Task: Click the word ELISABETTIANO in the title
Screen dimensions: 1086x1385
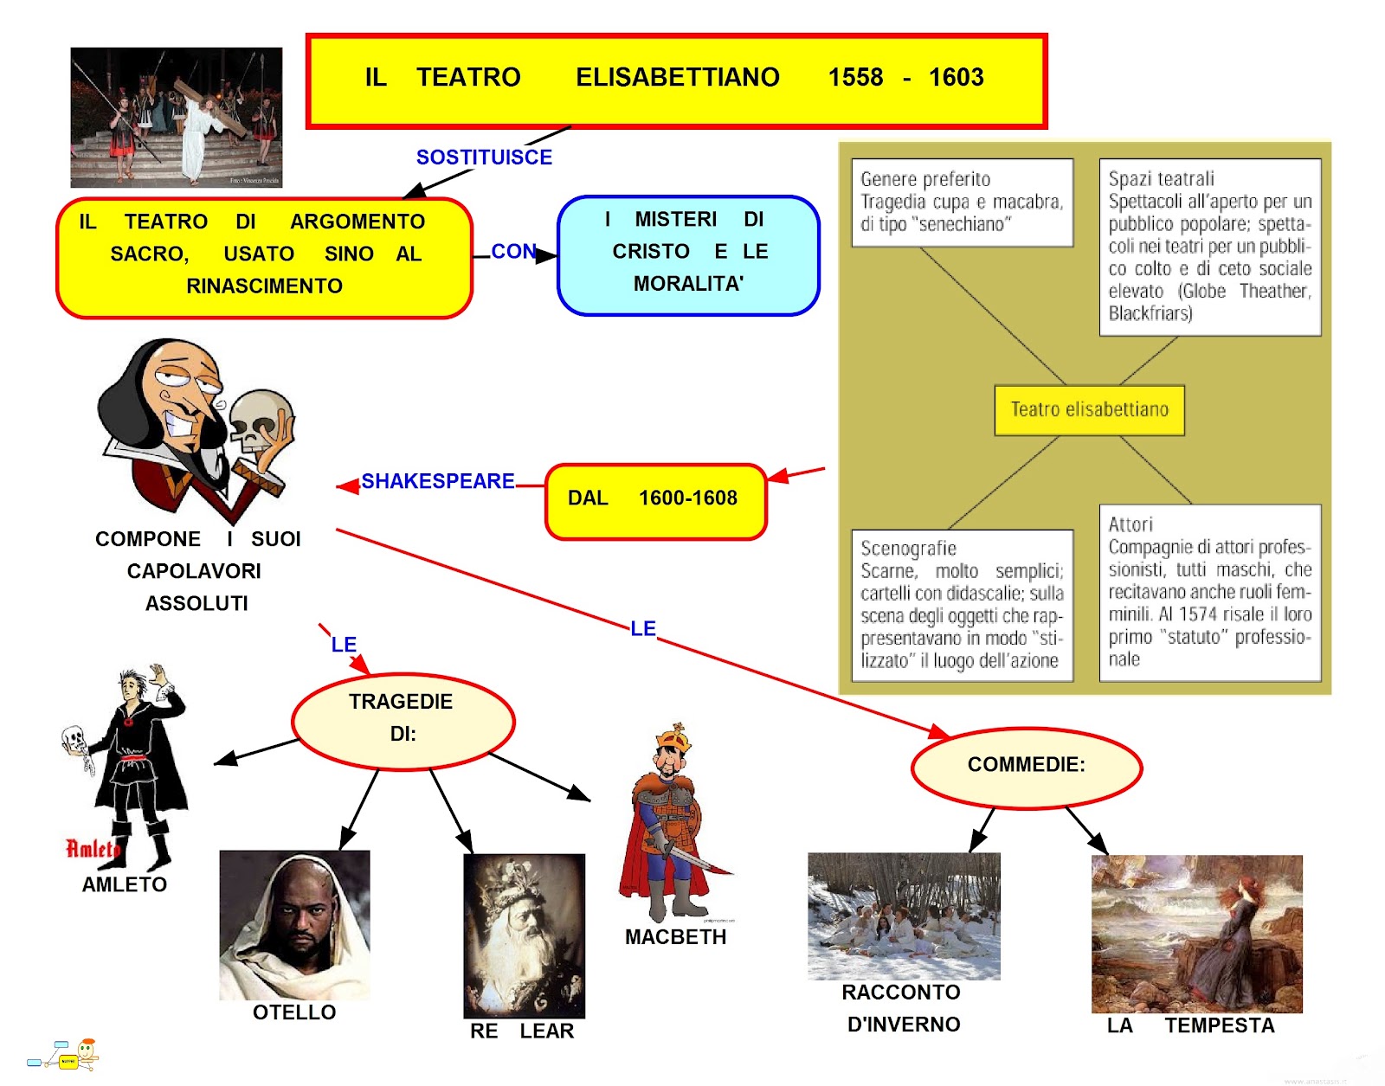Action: (x=677, y=78)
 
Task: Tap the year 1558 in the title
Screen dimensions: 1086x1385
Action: (x=855, y=78)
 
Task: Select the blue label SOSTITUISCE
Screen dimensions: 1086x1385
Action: (x=484, y=157)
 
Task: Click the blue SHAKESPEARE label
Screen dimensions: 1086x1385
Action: (x=437, y=481)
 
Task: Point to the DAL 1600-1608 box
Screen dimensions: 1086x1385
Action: (x=655, y=499)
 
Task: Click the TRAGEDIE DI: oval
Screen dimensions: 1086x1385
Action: (x=403, y=719)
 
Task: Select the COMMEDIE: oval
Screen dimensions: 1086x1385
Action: (x=1027, y=766)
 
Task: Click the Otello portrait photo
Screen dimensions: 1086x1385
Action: (x=294, y=924)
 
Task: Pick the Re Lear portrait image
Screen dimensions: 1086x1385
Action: (x=524, y=935)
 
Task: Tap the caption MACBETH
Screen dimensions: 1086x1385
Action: (x=675, y=937)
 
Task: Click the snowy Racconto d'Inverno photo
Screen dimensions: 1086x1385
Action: (x=904, y=916)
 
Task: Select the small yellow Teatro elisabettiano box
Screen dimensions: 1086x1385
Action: (x=1089, y=410)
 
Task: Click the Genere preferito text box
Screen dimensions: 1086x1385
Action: (x=962, y=202)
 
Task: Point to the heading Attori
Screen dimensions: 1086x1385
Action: (x=1131, y=524)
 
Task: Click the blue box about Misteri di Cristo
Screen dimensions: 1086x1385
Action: (x=688, y=254)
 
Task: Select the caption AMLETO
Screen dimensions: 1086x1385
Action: (x=125, y=885)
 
